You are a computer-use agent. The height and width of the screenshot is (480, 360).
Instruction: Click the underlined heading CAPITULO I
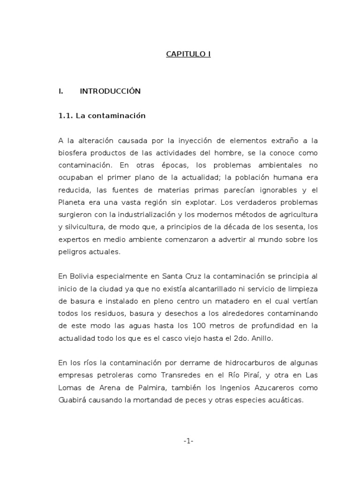pos(188,54)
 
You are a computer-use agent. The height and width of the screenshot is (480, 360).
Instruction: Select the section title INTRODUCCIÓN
pos(110,91)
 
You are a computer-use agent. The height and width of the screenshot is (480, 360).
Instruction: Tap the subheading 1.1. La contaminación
pos(102,116)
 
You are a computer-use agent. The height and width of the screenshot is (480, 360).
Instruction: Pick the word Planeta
pos(71,202)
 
